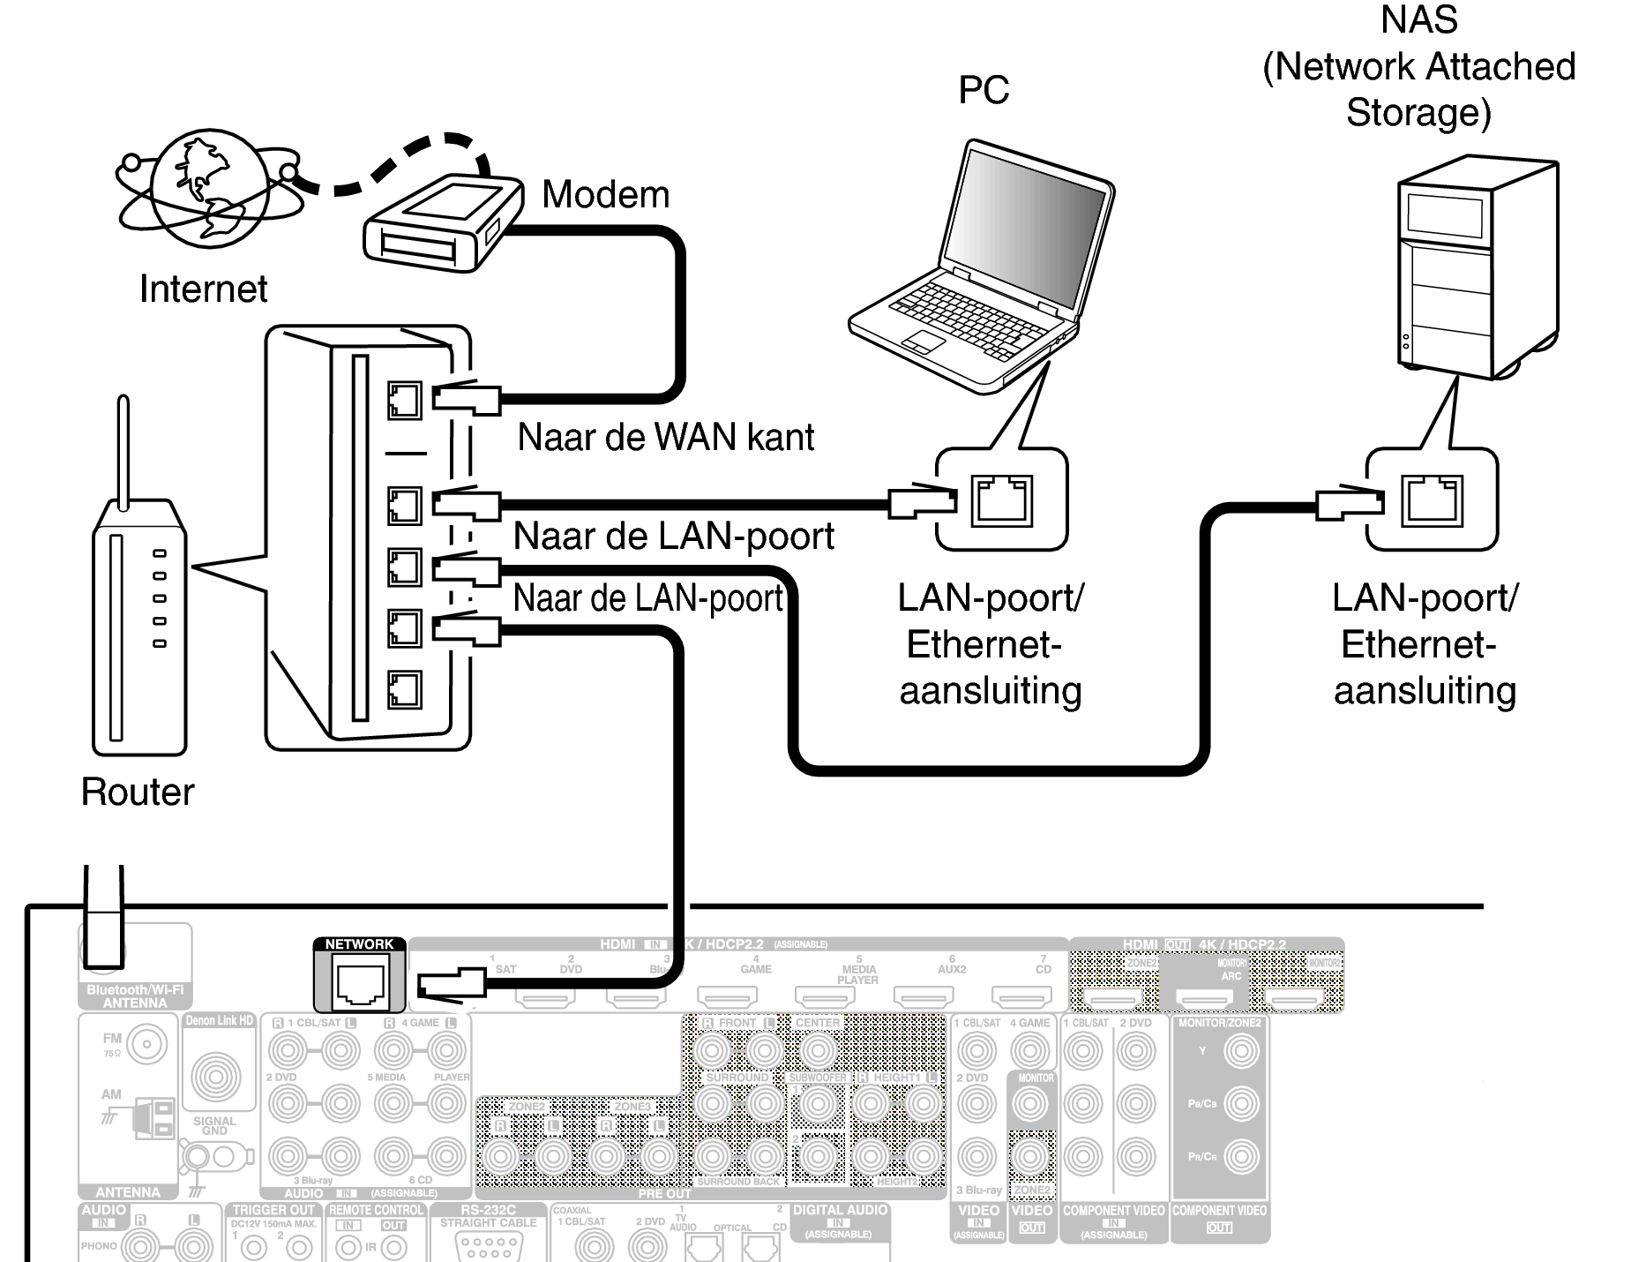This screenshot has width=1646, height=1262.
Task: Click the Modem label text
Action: [x=605, y=194]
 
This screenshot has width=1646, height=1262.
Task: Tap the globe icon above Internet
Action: [x=208, y=185]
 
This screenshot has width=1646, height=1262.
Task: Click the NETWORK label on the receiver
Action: [x=359, y=944]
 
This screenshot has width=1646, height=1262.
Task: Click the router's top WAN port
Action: [x=404, y=400]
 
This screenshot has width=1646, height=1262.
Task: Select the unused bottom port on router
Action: [x=404, y=689]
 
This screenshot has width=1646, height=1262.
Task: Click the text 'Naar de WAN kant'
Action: [x=665, y=437]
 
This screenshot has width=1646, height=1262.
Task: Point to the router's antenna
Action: [x=123, y=450]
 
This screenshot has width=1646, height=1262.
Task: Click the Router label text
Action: [x=138, y=792]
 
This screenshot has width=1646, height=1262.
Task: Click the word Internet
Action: [x=203, y=289]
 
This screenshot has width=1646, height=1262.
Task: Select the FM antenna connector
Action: [x=146, y=1044]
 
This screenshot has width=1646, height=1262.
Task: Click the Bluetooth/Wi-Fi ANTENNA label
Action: [x=135, y=996]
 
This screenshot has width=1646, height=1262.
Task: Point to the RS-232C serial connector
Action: [x=488, y=1245]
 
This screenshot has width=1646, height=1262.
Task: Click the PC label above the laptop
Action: [x=983, y=90]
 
